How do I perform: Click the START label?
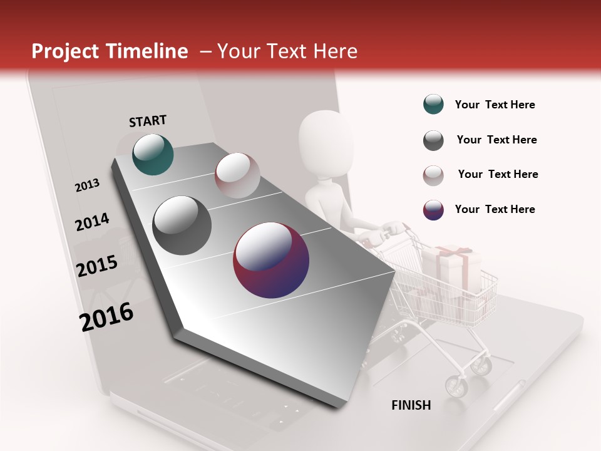tap(148, 121)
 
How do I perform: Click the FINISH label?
tap(411, 405)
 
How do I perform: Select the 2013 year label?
tap(87, 185)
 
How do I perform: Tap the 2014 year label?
tap(92, 222)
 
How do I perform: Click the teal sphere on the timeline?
tap(153, 154)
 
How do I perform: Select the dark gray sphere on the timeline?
tap(182, 225)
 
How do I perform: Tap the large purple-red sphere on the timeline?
tap(271, 260)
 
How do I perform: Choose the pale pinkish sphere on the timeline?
tap(237, 175)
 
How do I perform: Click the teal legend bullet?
tap(433, 105)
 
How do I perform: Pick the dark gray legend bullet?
tap(433, 140)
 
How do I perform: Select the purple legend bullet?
tap(433, 210)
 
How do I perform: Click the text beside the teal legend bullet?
tap(495, 105)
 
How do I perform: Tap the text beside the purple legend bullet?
tap(495, 209)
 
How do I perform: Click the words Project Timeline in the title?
tap(110, 51)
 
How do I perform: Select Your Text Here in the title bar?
tap(287, 51)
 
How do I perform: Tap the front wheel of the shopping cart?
tap(456, 386)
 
